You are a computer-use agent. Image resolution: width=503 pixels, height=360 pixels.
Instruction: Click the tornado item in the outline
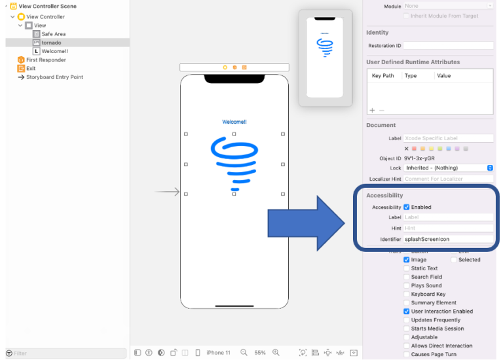coord(51,43)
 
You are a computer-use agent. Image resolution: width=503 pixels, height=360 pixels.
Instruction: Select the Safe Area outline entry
coord(53,34)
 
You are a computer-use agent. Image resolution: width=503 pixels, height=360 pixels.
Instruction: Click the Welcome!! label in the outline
coord(54,51)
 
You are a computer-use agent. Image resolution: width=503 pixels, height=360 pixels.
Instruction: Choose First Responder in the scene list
coord(46,60)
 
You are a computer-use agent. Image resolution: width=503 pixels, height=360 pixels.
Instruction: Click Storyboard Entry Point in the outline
coord(54,77)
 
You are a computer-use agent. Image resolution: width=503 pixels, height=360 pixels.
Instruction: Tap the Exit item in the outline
coord(31,68)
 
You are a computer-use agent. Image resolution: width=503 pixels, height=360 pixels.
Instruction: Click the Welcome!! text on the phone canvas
coord(234,122)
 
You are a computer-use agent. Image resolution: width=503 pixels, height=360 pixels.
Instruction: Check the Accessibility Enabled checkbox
coord(407,207)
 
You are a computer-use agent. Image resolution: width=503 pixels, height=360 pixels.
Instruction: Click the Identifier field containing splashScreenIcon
coord(448,240)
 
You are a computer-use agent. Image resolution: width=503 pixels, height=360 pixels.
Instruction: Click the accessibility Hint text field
coord(448,228)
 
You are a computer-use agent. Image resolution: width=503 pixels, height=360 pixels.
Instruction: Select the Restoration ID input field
coord(448,46)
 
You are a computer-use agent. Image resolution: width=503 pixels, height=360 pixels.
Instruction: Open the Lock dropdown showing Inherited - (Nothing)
coord(448,168)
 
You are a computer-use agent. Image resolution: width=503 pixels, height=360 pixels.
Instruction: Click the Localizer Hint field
coord(448,179)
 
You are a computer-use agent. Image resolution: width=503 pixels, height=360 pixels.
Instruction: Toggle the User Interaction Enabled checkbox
coord(407,312)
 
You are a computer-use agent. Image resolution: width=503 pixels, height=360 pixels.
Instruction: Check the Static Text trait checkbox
coord(407,268)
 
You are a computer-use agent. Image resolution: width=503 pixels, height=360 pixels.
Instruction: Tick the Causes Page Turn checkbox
coord(407,354)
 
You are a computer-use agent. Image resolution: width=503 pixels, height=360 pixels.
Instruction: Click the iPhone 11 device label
coord(218,353)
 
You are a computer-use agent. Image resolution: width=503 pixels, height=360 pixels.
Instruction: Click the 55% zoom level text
coord(260,353)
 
